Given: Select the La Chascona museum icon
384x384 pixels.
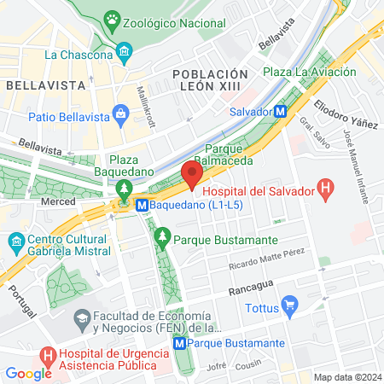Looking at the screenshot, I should click(125, 55).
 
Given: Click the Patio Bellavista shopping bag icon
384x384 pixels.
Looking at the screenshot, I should click(119, 114).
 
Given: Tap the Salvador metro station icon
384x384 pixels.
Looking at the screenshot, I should click(281, 111).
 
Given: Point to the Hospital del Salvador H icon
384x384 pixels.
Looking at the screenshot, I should click(324, 189).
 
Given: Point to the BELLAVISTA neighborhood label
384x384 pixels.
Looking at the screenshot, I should click(38, 85).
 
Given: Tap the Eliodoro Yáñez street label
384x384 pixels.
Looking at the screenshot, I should click(346, 117).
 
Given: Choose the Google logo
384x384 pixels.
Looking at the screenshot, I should click(28, 373).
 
